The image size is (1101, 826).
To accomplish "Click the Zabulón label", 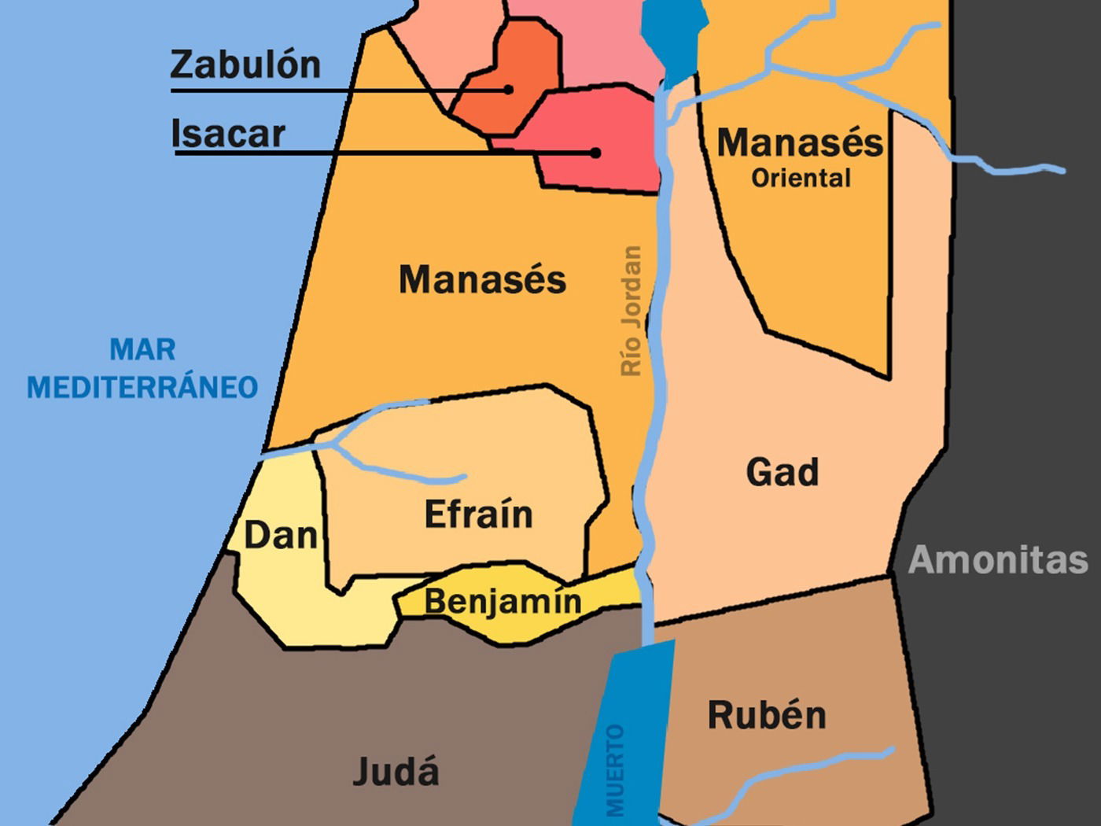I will (245, 65).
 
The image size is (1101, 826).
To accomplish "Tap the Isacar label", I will (228, 134).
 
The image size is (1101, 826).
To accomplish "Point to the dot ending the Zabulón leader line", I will (509, 90).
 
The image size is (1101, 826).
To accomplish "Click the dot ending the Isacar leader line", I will (596, 153).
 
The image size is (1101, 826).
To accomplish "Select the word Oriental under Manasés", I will (801, 179).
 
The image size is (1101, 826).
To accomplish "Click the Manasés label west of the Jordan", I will (482, 280).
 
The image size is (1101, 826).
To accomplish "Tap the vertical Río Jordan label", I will (632, 312).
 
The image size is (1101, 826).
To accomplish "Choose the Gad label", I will (782, 473).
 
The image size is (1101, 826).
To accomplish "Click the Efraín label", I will (478, 515).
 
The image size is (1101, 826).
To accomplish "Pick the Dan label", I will (280, 536).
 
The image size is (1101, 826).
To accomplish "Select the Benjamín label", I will (503, 602).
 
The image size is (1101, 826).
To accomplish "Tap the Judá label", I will (396, 771).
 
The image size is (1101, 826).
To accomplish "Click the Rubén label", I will (767, 715).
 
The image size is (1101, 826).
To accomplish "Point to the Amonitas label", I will (998, 560).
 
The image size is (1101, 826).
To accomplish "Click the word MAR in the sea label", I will (142, 349).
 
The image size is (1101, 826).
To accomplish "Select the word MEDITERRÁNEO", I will (142, 388).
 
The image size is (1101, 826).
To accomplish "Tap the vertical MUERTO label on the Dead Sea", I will (615, 771).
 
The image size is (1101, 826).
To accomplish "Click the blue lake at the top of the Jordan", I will (672, 35).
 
